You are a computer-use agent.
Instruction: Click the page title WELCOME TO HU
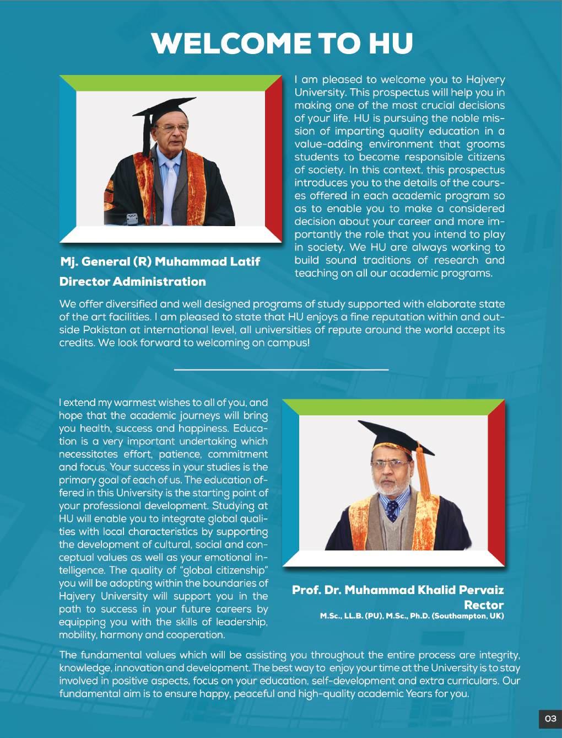pos(282,43)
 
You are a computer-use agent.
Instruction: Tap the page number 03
pos(550,718)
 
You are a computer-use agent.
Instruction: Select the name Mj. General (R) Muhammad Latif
pos(160,261)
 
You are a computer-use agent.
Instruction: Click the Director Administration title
pos(132,281)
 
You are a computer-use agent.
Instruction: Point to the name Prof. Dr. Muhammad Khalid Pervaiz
pos(397,590)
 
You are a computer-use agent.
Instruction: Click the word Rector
pos(484,605)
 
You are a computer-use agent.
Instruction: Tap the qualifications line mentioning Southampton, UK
pos(412,616)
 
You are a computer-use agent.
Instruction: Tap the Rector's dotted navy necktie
pos(392,510)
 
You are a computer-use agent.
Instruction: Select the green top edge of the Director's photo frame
pos(170,83)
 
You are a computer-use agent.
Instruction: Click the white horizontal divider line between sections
pos(281,370)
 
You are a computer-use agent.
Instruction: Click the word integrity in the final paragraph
pos(499,655)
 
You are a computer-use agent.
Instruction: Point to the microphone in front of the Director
pos(132,218)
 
